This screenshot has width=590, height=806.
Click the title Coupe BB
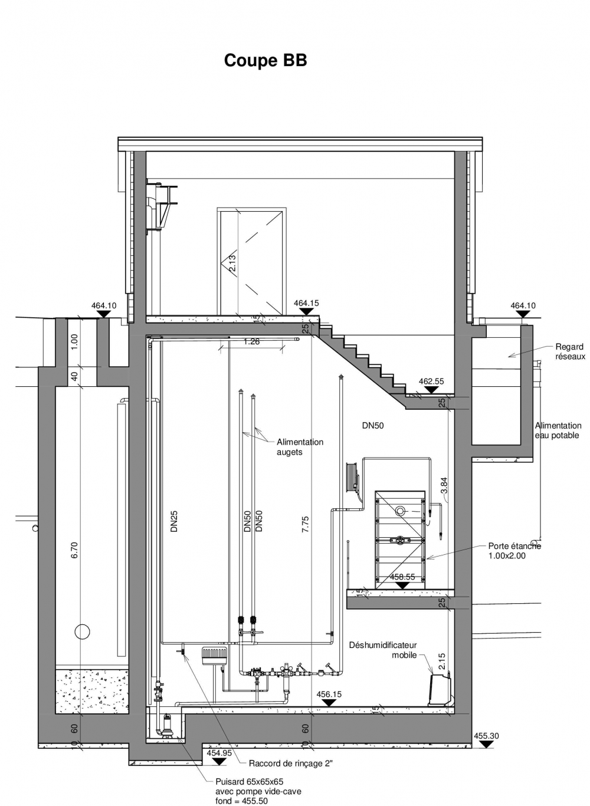click(x=265, y=60)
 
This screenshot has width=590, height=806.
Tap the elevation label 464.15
click(x=306, y=303)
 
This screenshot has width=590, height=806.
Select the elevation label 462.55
click(x=432, y=381)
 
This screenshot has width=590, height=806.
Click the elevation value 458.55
click(x=402, y=577)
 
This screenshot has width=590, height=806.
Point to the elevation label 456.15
click(x=329, y=694)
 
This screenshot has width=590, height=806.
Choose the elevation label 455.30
click(x=486, y=736)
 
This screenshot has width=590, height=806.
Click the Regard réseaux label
click(x=570, y=351)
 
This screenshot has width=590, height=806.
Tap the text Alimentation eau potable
click(x=558, y=430)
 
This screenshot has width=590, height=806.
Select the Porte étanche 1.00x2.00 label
click(x=514, y=551)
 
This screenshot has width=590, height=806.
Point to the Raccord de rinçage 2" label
click(x=291, y=763)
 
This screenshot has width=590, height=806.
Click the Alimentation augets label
click(x=300, y=447)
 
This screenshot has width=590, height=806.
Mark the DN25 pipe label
click(x=174, y=521)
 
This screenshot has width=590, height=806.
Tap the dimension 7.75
click(x=305, y=524)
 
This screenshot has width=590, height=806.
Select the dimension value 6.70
click(x=74, y=550)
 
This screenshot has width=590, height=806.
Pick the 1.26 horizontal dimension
click(x=251, y=341)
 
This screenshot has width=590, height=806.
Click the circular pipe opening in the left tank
click(x=82, y=631)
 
